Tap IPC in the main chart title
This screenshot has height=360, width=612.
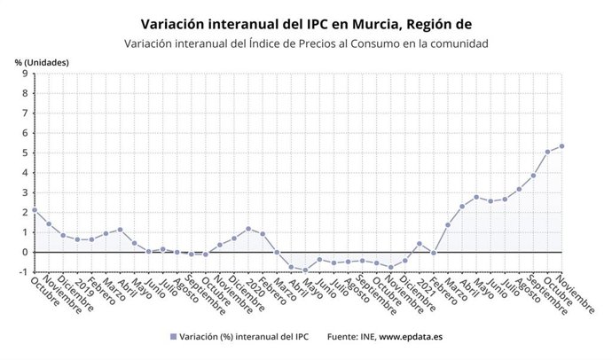297,24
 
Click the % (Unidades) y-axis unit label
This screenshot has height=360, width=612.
42,62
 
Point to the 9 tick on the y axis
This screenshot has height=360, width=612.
26,74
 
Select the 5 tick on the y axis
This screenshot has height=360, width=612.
26,153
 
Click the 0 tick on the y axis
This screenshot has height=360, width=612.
26,252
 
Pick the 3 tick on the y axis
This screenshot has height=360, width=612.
26,192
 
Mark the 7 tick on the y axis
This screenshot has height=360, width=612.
26,113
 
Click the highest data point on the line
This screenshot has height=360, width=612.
562,146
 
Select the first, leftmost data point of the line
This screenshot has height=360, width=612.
34,210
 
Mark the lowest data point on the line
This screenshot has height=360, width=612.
305,270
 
